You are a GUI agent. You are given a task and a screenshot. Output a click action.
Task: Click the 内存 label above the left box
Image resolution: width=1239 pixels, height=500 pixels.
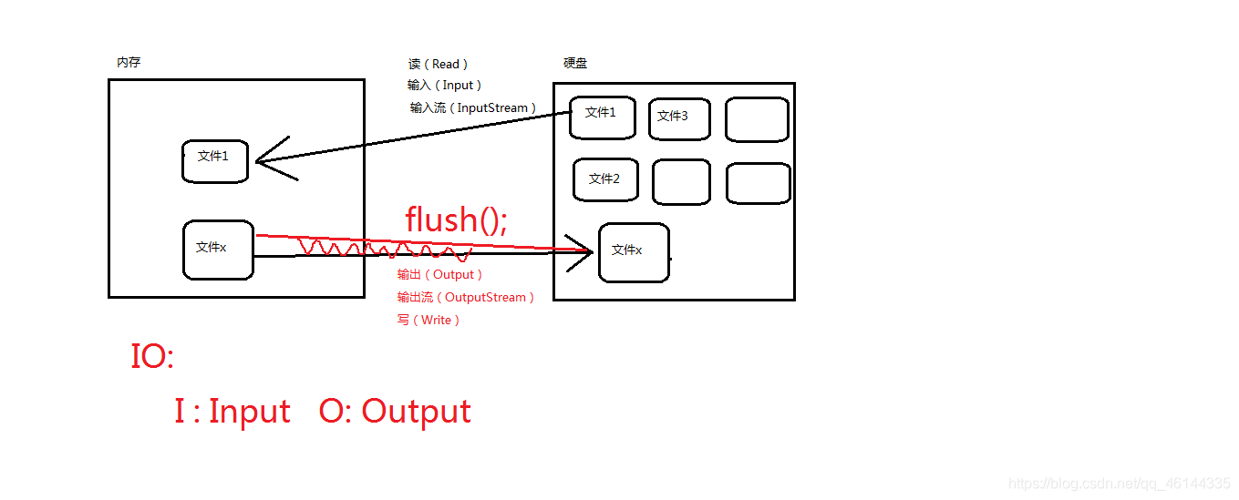[129, 63]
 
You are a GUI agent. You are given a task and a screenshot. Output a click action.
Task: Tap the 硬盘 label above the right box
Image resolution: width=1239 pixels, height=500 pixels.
[575, 63]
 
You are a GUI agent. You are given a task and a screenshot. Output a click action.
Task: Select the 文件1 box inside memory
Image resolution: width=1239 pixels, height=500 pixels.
[214, 161]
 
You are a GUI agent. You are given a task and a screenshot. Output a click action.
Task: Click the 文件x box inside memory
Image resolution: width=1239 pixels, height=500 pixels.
[217, 249]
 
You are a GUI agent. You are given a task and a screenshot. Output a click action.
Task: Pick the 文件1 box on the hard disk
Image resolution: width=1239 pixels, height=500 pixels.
[602, 117]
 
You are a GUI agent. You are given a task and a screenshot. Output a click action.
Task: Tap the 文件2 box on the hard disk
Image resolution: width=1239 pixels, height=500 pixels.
[605, 179]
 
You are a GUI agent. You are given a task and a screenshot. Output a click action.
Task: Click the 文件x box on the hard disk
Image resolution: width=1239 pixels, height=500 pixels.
[633, 252]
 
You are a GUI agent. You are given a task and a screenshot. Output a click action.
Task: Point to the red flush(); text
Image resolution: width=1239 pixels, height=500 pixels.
[456, 219]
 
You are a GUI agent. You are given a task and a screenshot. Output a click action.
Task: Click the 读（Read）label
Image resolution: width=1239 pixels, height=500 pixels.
[438, 64]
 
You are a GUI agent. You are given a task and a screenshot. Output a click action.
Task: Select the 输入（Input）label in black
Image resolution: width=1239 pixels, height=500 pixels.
[444, 85]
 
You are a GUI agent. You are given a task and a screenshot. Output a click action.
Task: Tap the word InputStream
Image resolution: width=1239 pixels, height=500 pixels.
[492, 107]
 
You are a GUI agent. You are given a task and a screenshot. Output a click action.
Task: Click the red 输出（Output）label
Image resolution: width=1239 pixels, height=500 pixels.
[439, 274]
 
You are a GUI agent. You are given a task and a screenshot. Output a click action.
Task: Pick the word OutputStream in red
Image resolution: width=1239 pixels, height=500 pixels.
[485, 297]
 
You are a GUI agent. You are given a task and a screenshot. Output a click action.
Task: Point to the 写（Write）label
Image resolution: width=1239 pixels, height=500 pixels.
[428, 320]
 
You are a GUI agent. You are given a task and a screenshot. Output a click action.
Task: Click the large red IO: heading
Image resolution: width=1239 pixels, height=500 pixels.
[151, 356]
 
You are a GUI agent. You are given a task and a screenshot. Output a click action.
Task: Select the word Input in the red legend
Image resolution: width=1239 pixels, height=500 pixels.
[249, 412]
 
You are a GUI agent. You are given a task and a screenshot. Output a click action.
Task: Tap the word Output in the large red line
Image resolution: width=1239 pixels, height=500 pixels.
[416, 412]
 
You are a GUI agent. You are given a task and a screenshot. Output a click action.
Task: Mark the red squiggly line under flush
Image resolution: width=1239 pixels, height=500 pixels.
[383, 248]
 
